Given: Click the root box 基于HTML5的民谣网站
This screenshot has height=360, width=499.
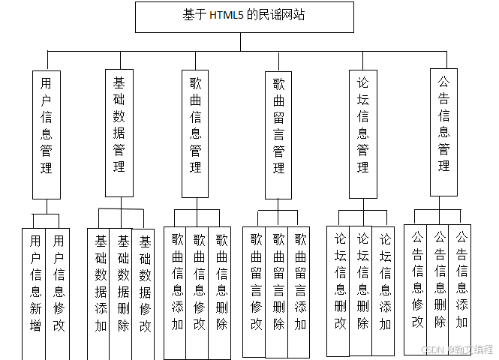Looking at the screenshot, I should [x=244, y=16].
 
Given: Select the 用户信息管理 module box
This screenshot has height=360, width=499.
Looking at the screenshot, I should [x=46, y=133].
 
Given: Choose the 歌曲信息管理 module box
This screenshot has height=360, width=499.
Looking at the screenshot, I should [x=195, y=133].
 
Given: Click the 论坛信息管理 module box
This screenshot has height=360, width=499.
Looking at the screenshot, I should [x=363, y=133].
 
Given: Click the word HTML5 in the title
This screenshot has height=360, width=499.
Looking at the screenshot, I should [x=226, y=15].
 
